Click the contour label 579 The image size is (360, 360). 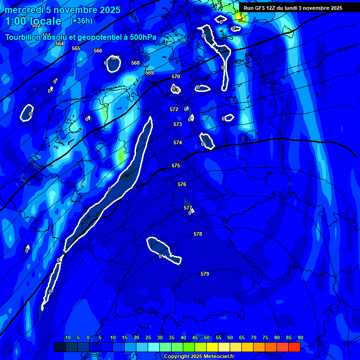205,274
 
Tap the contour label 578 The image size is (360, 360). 198,234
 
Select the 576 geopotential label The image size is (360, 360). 182,185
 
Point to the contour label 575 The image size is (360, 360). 176,166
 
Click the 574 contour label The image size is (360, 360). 178,142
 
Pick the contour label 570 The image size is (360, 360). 176,76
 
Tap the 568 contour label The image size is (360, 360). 135,63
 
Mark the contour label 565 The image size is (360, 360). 76,48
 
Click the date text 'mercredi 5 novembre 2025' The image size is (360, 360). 62,10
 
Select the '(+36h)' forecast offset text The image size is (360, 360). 81,21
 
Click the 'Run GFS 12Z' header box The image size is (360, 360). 292,8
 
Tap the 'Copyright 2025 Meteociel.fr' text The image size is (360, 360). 199,357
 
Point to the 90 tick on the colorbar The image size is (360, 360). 300,338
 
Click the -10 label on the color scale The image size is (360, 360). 67,338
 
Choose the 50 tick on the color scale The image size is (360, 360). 207,338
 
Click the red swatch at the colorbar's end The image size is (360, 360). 294,347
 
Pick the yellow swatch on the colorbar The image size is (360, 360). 212,347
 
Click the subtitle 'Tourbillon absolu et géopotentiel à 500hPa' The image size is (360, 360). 81,37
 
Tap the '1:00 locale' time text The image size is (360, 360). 33,21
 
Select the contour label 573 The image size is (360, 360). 178,124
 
